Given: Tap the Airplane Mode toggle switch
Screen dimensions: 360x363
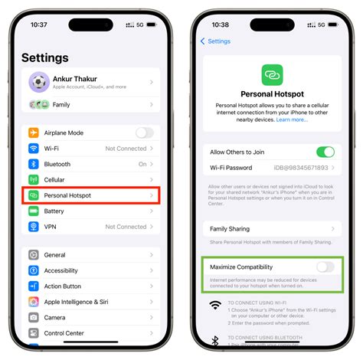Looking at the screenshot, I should (144, 133).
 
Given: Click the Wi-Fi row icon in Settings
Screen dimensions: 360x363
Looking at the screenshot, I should (34, 149).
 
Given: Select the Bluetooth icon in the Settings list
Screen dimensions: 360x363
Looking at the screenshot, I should (34, 164).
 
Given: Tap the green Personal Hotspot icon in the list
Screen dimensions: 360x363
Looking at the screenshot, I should (34, 195).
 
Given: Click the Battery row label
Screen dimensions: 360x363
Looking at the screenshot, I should (54, 211).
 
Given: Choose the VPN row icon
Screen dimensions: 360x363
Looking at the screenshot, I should (34, 227).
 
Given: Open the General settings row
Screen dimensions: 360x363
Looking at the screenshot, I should (54, 255).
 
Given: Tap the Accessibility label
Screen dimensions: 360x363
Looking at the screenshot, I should (60, 270).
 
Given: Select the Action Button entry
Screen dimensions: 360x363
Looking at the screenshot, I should (63, 286).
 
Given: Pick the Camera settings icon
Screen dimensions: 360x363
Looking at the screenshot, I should (34, 317).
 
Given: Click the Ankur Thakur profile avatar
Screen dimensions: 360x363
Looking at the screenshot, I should (39, 81).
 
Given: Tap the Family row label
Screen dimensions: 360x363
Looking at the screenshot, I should (62, 104).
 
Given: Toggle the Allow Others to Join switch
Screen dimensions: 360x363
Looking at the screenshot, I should (325, 152).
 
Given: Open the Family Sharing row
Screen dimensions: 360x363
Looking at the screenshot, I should (272, 228).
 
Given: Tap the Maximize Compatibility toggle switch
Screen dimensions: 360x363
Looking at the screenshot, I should (325, 267).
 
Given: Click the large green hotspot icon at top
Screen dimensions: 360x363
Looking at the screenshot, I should (272, 75).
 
